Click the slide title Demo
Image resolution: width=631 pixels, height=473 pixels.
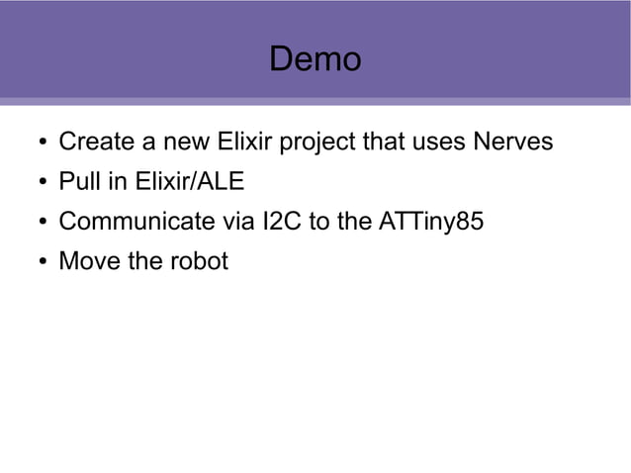pyautogui.click(x=315, y=59)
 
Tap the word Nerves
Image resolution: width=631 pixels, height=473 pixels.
pyautogui.click(x=512, y=142)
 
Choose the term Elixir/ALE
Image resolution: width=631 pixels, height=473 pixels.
pyautogui.click(x=180, y=182)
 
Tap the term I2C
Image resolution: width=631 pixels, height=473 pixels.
pyautogui.click(x=283, y=222)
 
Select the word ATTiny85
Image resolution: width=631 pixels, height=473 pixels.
pyautogui.click(x=431, y=223)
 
